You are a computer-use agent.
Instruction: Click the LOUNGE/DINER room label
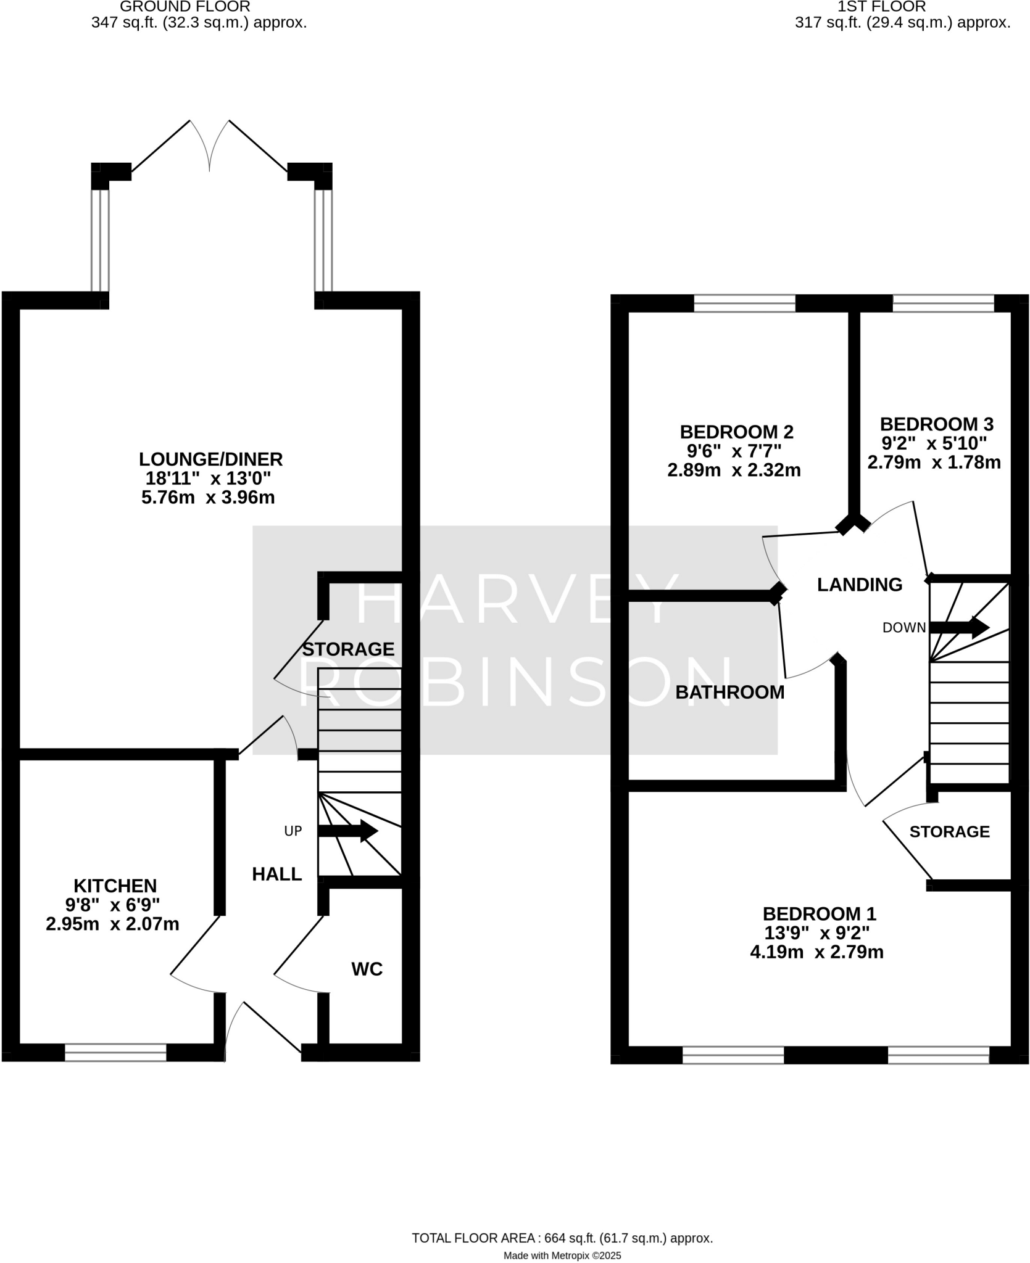pos(210,459)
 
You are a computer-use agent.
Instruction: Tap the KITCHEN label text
pos(115,886)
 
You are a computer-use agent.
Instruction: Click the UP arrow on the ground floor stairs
pos(348,831)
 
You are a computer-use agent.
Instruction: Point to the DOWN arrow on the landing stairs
pos(959,628)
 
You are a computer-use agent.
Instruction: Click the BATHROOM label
pos(729,692)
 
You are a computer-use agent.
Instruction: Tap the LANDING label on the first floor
pos(859,585)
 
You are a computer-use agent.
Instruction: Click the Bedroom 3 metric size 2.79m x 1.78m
pos(934,462)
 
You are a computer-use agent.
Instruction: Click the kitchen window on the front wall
pos(115,1052)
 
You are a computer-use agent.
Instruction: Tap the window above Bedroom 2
pos(744,303)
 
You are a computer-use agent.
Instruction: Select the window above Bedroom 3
pos(943,303)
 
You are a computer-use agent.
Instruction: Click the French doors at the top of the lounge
pos(210,145)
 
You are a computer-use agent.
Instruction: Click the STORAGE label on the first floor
pos(949,832)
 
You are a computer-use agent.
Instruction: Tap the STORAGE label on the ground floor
pos(348,649)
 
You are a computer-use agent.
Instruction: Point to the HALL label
pos(276,874)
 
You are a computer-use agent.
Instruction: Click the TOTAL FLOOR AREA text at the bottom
pos(562,1220)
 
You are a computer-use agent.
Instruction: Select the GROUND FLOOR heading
pos(185,7)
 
